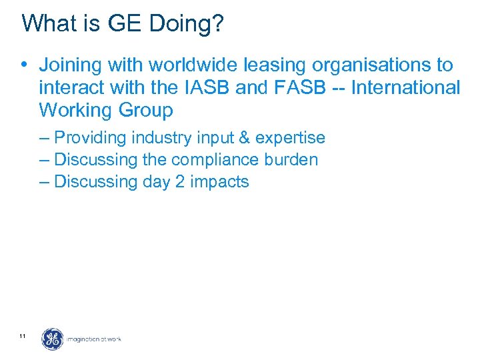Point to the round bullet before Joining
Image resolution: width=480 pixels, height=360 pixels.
[x=24, y=65]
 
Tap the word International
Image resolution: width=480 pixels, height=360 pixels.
[x=405, y=87]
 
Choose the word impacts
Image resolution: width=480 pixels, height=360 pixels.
[x=219, y=182]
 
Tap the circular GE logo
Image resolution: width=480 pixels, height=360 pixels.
[x=53, y=339]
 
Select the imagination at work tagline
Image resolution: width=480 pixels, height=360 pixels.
[x=94, y=340]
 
